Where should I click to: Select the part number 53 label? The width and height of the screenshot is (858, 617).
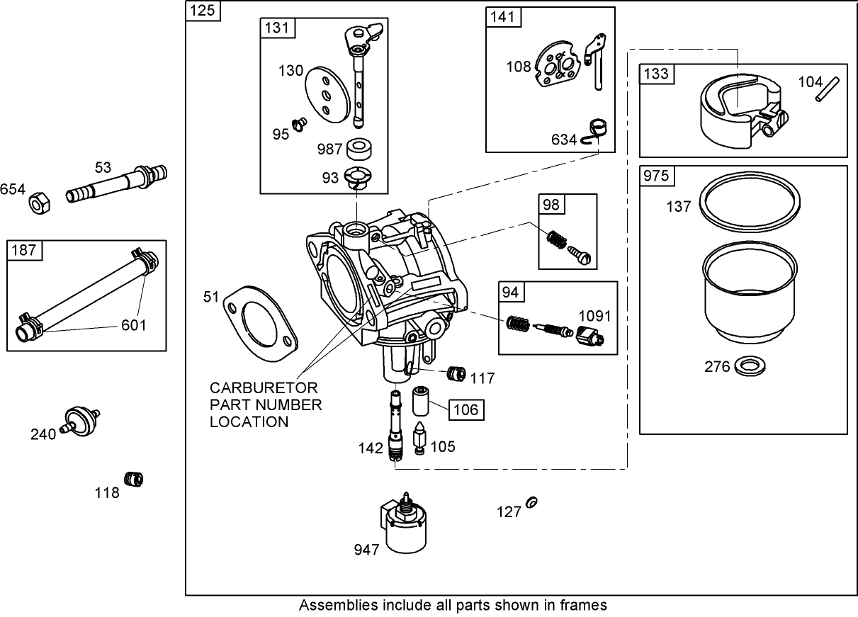tap(103, 167)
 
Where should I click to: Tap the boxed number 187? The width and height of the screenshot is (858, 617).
tap(24, 251)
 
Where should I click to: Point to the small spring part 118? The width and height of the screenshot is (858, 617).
tap(133, 480)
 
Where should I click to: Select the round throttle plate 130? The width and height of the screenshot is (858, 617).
tap(327, 96)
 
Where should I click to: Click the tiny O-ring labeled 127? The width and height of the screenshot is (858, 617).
tap(533, 503)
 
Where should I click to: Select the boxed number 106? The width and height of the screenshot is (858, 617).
tap(466, 409)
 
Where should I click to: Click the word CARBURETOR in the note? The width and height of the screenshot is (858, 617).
tap(264, 389)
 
